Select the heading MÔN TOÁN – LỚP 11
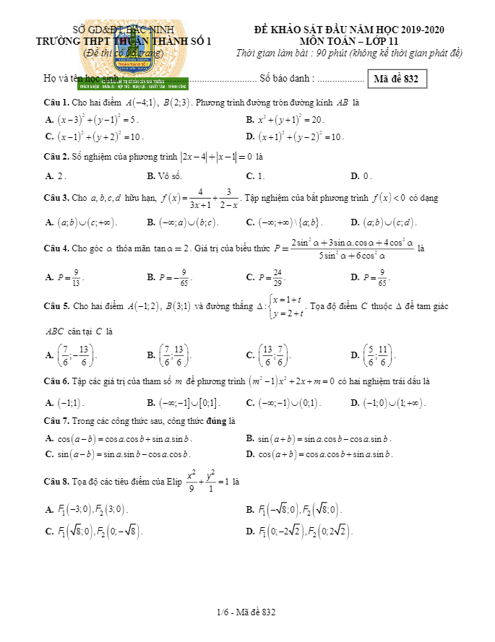pos(349,41)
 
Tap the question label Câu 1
pos(56,103)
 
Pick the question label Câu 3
pos(56,198)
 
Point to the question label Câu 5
pos(56,307)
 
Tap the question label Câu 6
pos(56,381)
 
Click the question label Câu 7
pos(56,420)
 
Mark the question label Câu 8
pos(56,480)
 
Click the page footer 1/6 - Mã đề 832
pos(246,612)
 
